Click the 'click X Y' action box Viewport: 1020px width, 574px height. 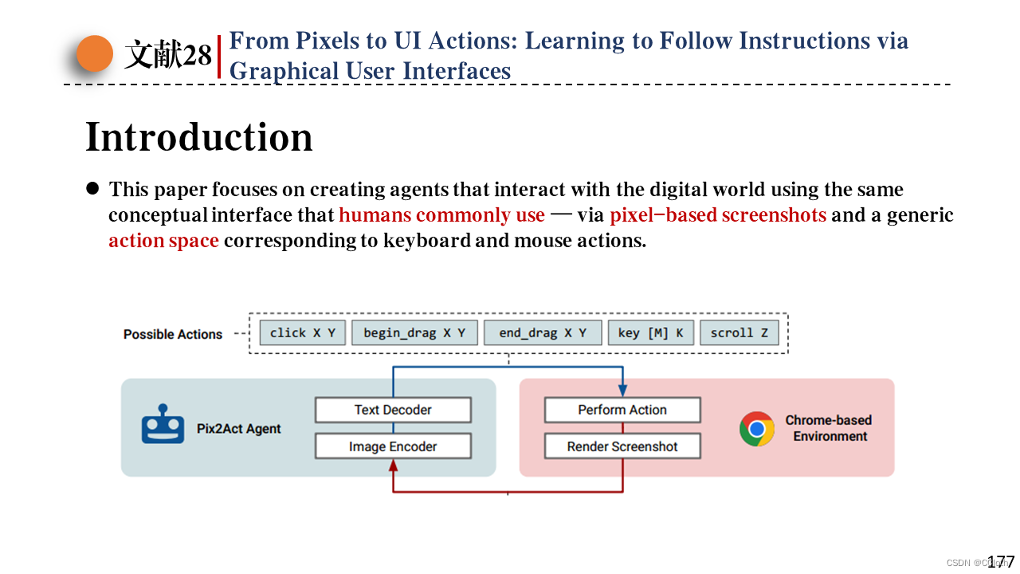pyautogui.click(x=303, y=333)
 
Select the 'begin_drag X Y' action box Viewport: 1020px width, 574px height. pyautogui.click(x=414, y=333)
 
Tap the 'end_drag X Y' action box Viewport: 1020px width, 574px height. pyautogui.click(x=543, y=333)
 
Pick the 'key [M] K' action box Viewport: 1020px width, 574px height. pyautogui.click(x=651, y=333)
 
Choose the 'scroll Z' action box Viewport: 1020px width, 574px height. pyautogui.click(x=739, y=333)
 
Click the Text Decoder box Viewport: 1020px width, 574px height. pyautogui.click(x=393, y=410)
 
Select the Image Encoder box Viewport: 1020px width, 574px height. pyautogui.click(x=393, y=446)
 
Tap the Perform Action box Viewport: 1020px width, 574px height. pyautogui.click(x=622, y=410)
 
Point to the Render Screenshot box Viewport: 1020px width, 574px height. pyautogui.click(x=622, y=446)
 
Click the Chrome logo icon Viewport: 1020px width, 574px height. pyautogui.click(x=757, y=429)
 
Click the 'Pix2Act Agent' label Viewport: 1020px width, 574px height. pyautogui.click(x=239, y=429)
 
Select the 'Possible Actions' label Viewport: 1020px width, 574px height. pyautogui.click(x=173, y=334)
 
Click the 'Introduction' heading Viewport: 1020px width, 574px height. pyautogui.click(x=199, y=137)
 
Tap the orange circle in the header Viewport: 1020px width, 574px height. pyautogui.click(x=95, y=53)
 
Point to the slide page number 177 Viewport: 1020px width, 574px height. pyautogui.click(x=1001, y=561)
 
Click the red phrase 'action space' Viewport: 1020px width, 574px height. pyautogui.click(x=163, y=241)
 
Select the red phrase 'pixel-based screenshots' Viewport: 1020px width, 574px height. pyautogui.click(x=718, y=215)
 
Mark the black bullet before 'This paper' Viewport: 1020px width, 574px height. pyautogui.click(x=92, y=189)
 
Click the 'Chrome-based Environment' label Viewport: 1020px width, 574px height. pyautogui.click(x=829, y=428)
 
